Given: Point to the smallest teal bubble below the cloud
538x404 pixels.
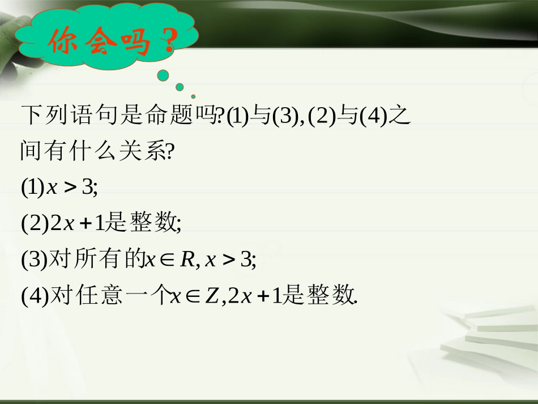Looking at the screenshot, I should click(193, 96).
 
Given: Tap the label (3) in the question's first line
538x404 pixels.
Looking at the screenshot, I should click(285, 117).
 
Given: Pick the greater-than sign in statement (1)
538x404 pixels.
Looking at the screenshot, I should click(70, 188).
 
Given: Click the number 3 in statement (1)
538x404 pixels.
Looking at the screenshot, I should click(88, 187).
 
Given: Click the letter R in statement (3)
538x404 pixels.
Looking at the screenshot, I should click(187, 260).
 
